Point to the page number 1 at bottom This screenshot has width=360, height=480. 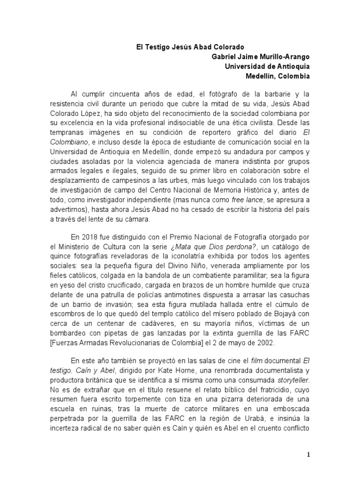point(308,454)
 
